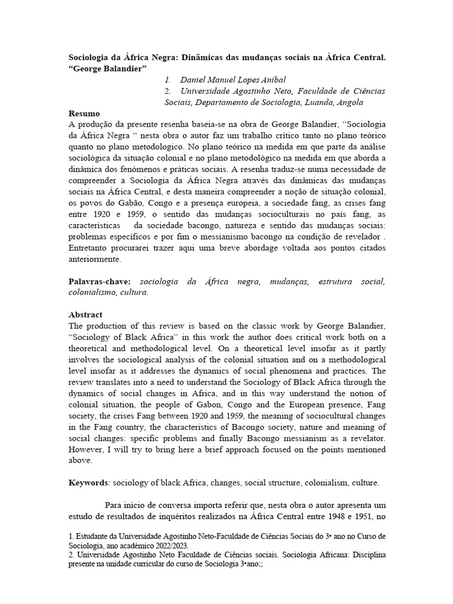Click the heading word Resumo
(x=84, y=113)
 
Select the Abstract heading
(x=86, y=314)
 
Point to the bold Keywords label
(x=88, y=482)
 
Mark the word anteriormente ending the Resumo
(x=96, y=259)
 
